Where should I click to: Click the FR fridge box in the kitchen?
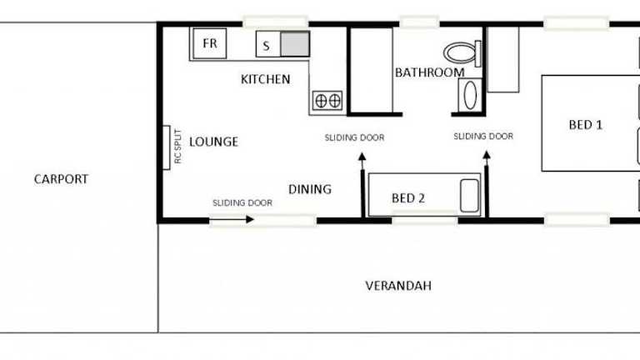[x=210, y=43]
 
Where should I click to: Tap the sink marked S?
[x=268, y=44]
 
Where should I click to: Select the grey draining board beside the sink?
[x=295, y=44]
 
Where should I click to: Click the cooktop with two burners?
[x=327, y=101]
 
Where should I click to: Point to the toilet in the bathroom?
[x=462, y=53]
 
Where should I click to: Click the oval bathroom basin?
[x=470, y=96]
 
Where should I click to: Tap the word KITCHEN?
[x=265, y=79]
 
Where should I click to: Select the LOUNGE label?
[x=213, y=142]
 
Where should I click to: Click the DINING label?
[x=310, y=189]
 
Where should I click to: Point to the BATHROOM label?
[x=430, y=72]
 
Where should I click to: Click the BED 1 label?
[x=586, y=124]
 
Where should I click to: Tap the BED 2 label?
[x=408, y=198]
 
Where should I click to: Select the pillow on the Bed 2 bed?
[x=469, y=196]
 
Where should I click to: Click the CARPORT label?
[x=61, y=179]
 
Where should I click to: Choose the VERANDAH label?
[x=398, y=285]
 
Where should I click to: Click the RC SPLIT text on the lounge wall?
[x=177, y=146]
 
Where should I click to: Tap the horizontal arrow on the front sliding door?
[x=232, y=220]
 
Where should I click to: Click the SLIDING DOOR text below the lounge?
[x=242, y=202]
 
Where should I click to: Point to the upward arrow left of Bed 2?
[x=362, y=184]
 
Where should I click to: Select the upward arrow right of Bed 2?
[x=487, y=184]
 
